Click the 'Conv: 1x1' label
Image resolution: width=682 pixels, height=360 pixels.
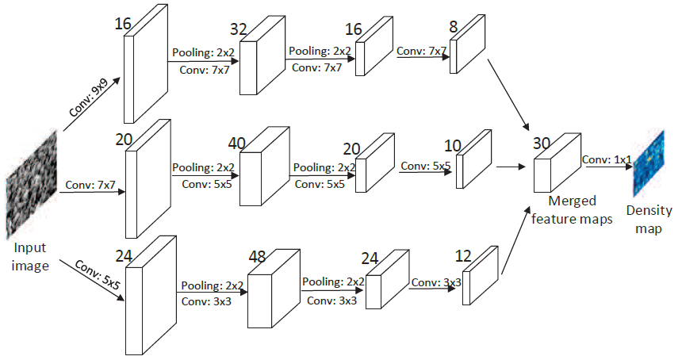tap(607, 159)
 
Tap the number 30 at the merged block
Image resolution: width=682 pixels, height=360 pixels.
tap(542, 144)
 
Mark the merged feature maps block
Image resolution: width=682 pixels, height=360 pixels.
tap(552, 169)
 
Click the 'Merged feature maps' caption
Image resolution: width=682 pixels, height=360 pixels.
tap(573, 210)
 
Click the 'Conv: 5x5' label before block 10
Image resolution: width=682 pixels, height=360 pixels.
tap(425, 167)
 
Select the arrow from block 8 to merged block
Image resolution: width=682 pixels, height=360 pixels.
tap(507, 98)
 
